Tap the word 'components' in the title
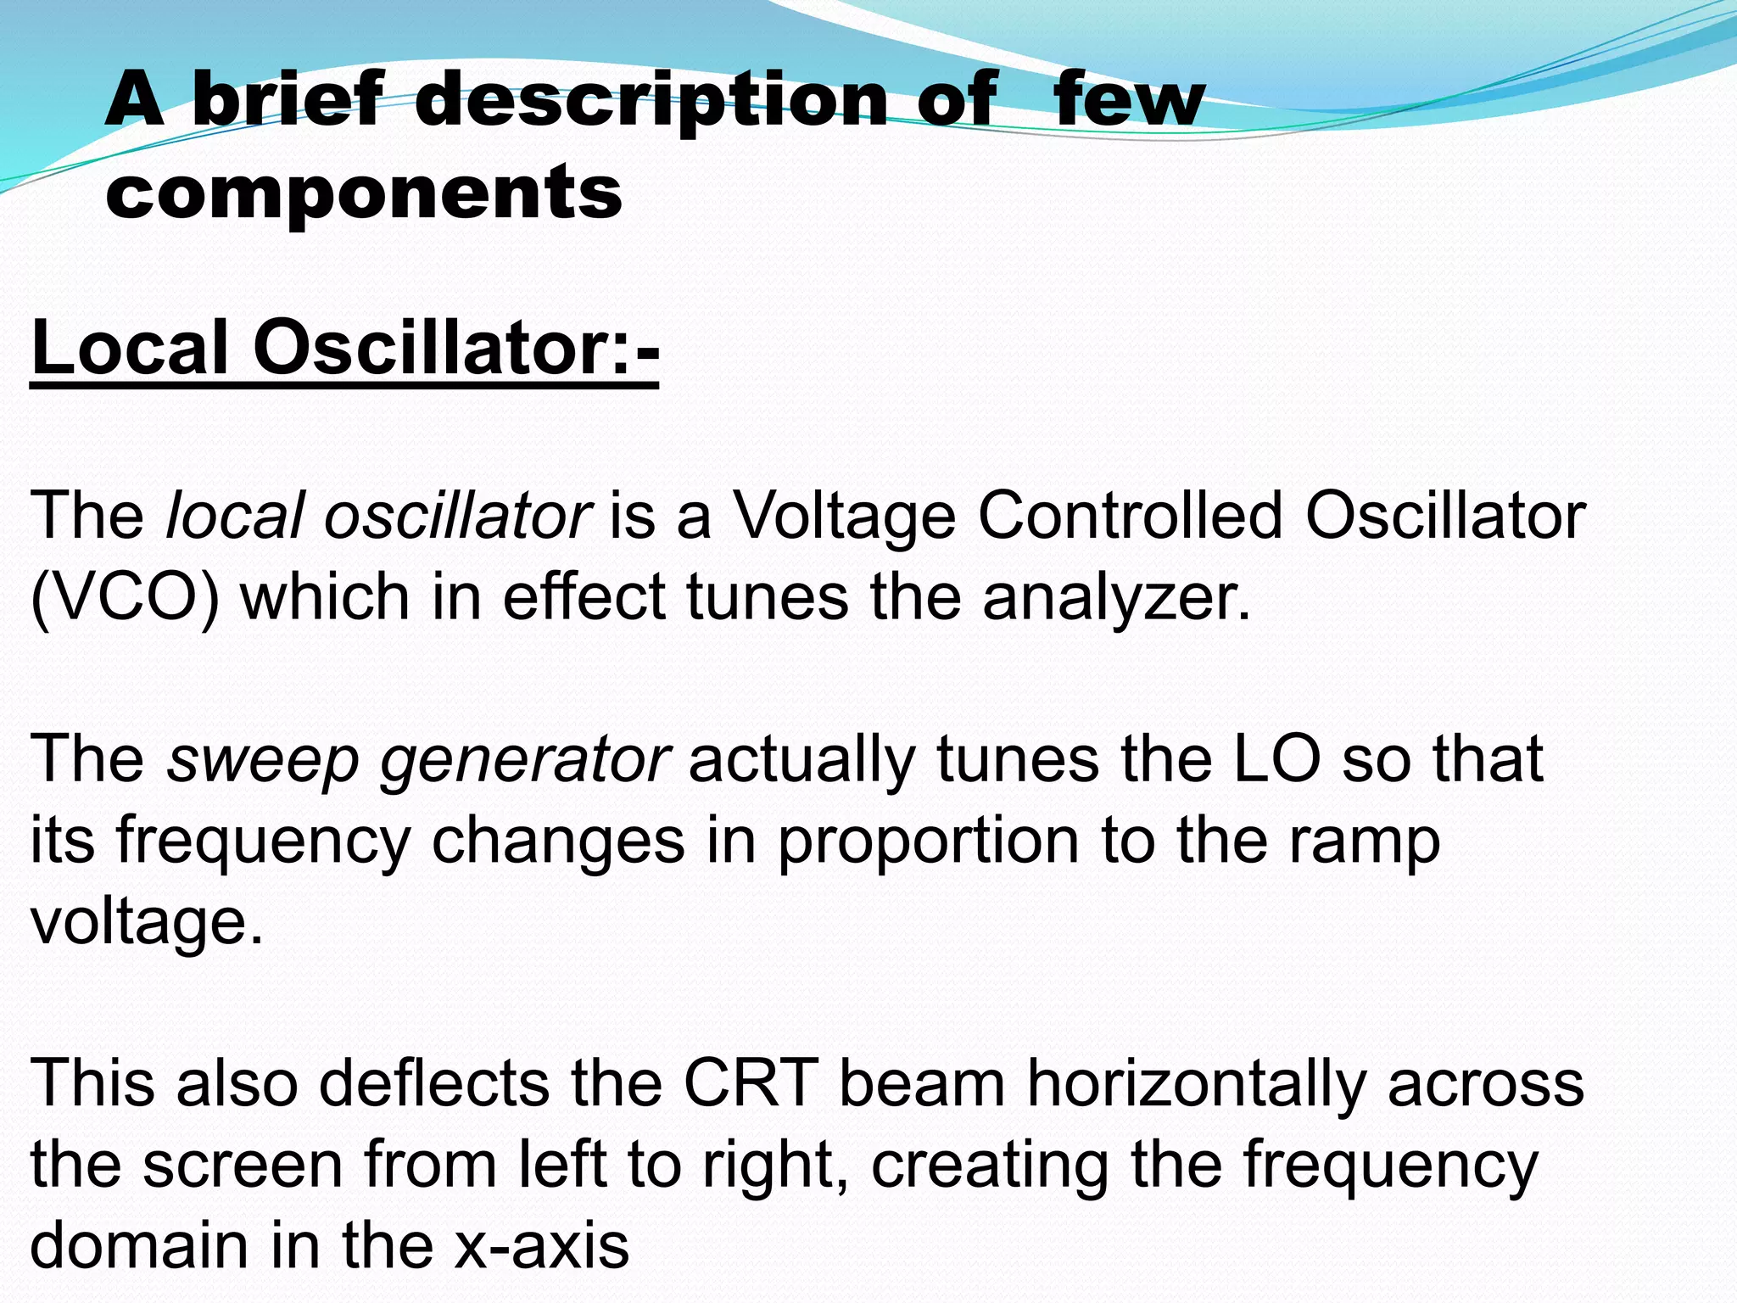pos(364,192)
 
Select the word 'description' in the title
pos(651,100)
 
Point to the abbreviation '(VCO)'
pos(125,597)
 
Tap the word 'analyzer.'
pos(1117,597)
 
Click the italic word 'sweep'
pos(263,759)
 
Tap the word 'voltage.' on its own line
pos(147,921)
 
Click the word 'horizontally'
pos(1197,1084)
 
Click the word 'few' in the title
pos(1128,100)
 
